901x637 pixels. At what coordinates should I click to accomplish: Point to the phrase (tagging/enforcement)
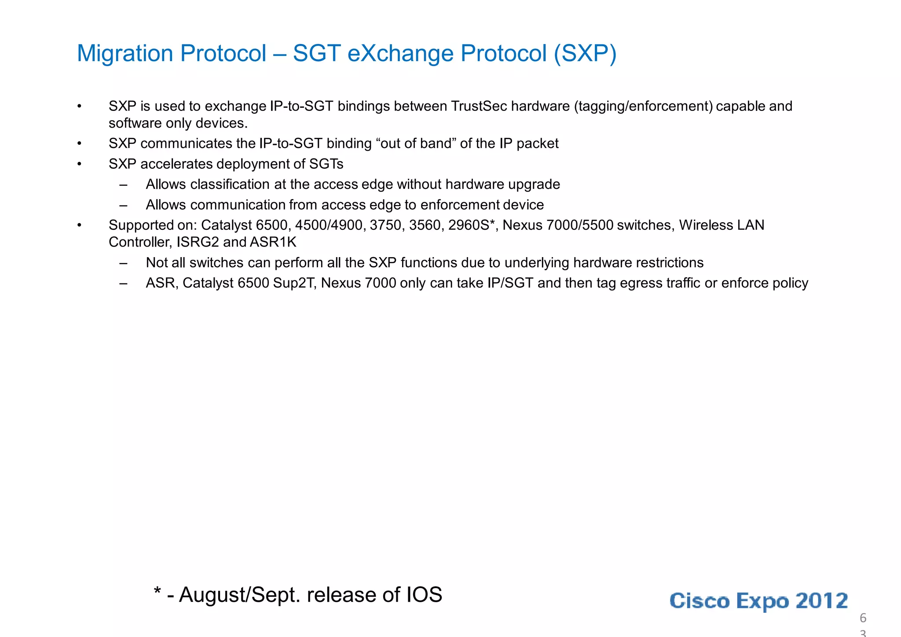pyautogui.click(x=643, y=106)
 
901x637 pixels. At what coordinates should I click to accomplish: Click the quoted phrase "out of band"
pyautogui.click(x=416, y=144)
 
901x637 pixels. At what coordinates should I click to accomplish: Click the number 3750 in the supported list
pyautogui.click(x=385, y=225)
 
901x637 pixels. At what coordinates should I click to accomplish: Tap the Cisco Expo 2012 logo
pyautogui.click(x=758, y=600)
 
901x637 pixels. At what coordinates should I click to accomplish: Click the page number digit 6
pyautogui.click(x=863, y=618)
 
